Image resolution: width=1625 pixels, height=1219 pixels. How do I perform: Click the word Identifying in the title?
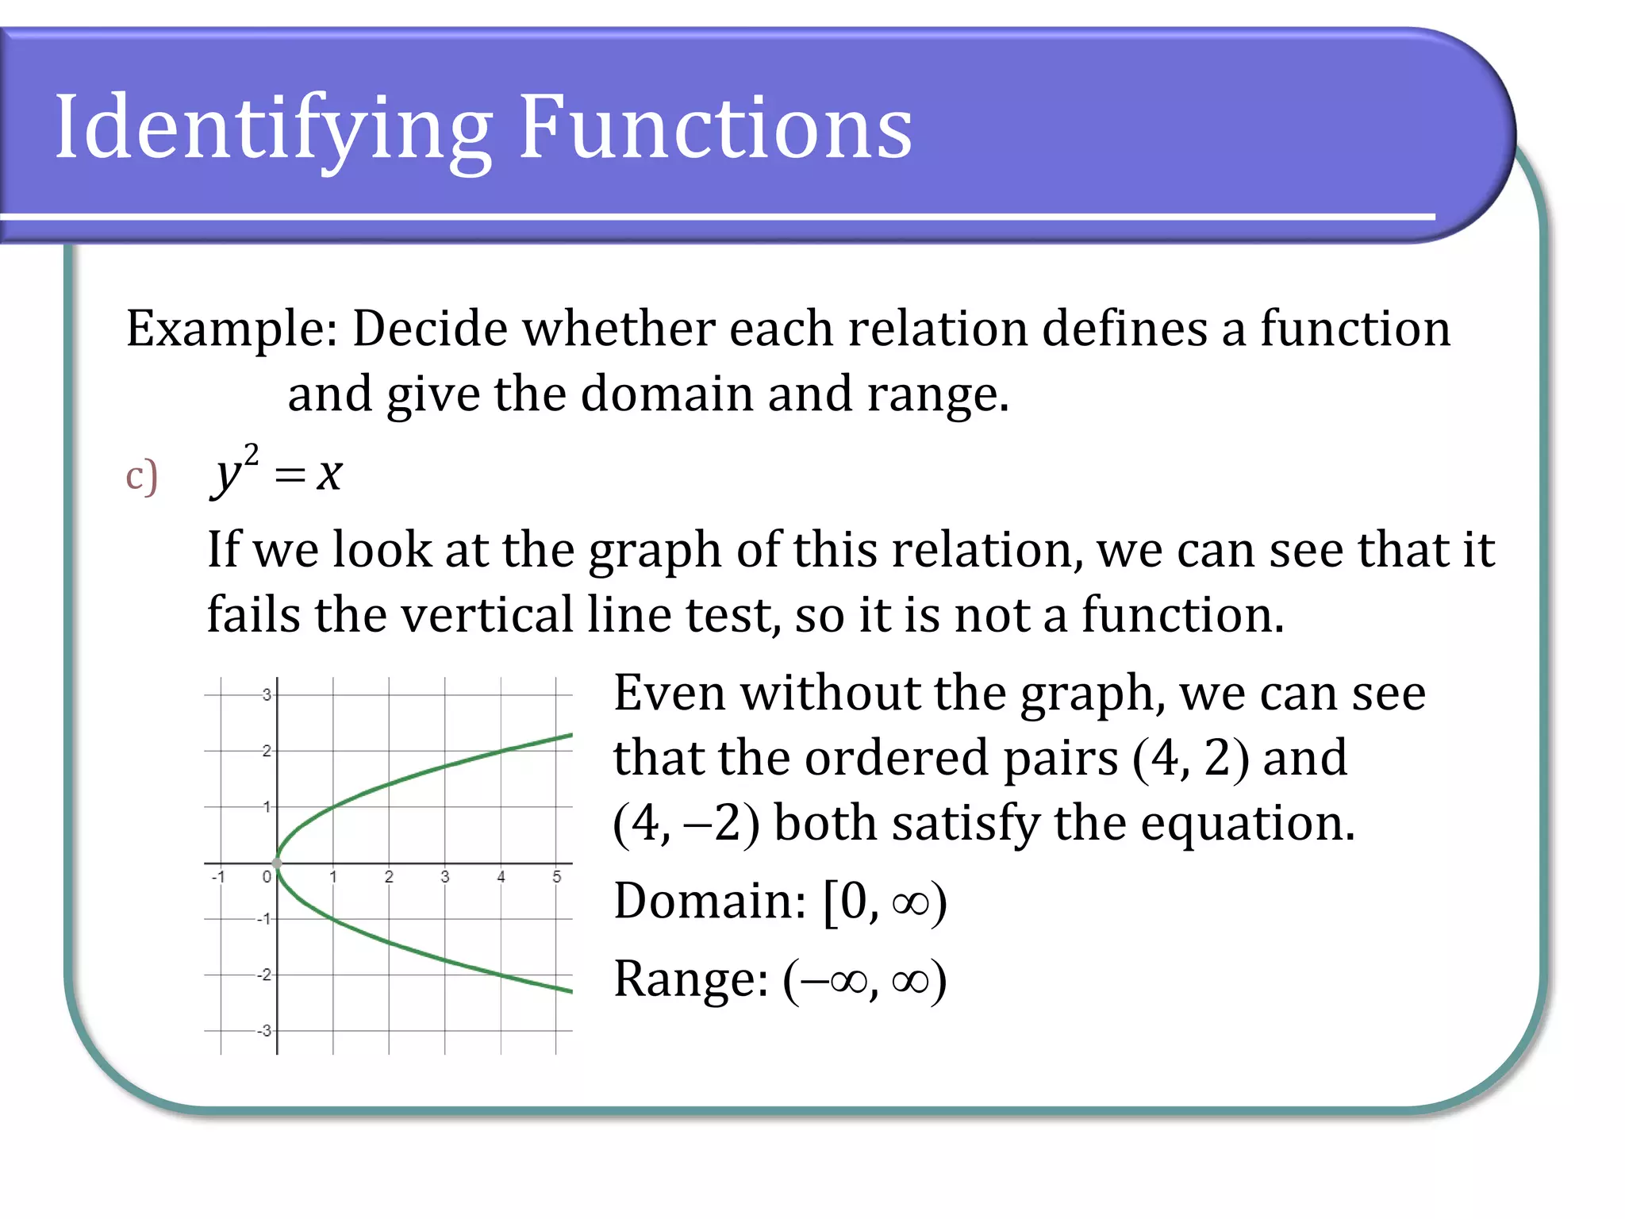click(274, 129)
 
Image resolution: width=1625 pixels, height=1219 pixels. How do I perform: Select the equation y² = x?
click(276, 472)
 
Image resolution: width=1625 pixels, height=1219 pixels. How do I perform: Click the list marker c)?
click(141, 476)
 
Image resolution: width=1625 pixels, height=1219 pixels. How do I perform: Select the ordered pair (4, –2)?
click(686, 823)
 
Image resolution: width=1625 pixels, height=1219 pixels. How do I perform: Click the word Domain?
click(709, 902)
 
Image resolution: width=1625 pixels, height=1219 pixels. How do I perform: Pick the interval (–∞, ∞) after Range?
click(865, 980)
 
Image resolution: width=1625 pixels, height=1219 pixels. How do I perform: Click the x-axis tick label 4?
click(501, 877)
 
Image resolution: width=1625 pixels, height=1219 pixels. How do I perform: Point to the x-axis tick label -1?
click(218, 877)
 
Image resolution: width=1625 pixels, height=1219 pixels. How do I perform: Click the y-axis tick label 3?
click(267, 694)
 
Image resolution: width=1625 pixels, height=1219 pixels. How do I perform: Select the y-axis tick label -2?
click(264, 975)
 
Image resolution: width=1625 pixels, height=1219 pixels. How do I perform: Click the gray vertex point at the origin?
click(277, 863)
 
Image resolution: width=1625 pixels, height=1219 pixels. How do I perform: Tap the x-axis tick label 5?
click(556, 877)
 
